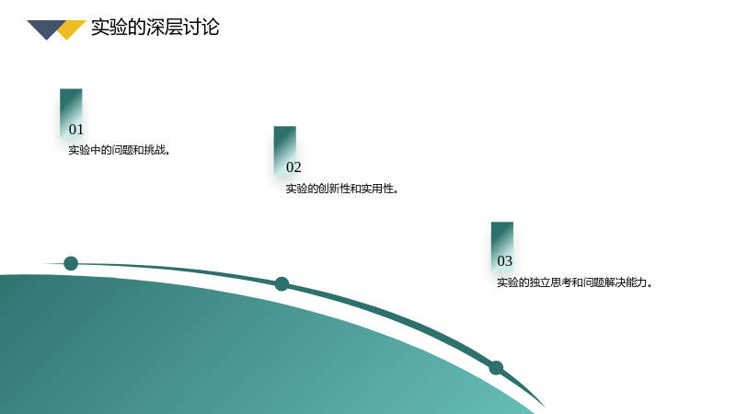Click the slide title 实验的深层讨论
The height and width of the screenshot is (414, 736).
point(155,28)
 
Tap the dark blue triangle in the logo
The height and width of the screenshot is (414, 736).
point(46,28)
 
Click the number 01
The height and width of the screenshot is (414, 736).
point(76,130)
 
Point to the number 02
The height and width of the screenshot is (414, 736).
point(293,167)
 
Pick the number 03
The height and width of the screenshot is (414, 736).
point(504,261)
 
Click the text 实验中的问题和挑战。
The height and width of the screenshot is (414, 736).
point(120,150)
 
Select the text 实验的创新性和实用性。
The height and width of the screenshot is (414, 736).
point(342,189)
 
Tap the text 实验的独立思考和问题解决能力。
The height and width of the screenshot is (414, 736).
point(574,282)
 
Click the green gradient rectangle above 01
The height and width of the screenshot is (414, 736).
point(71,112)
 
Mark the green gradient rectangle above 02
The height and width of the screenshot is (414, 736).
point(285,150)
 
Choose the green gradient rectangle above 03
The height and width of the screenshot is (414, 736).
point(502,246)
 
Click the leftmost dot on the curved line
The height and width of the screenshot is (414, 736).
point(71,263)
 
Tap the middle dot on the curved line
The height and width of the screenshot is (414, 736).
point(282,284)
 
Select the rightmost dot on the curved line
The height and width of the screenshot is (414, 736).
point(496,367)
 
